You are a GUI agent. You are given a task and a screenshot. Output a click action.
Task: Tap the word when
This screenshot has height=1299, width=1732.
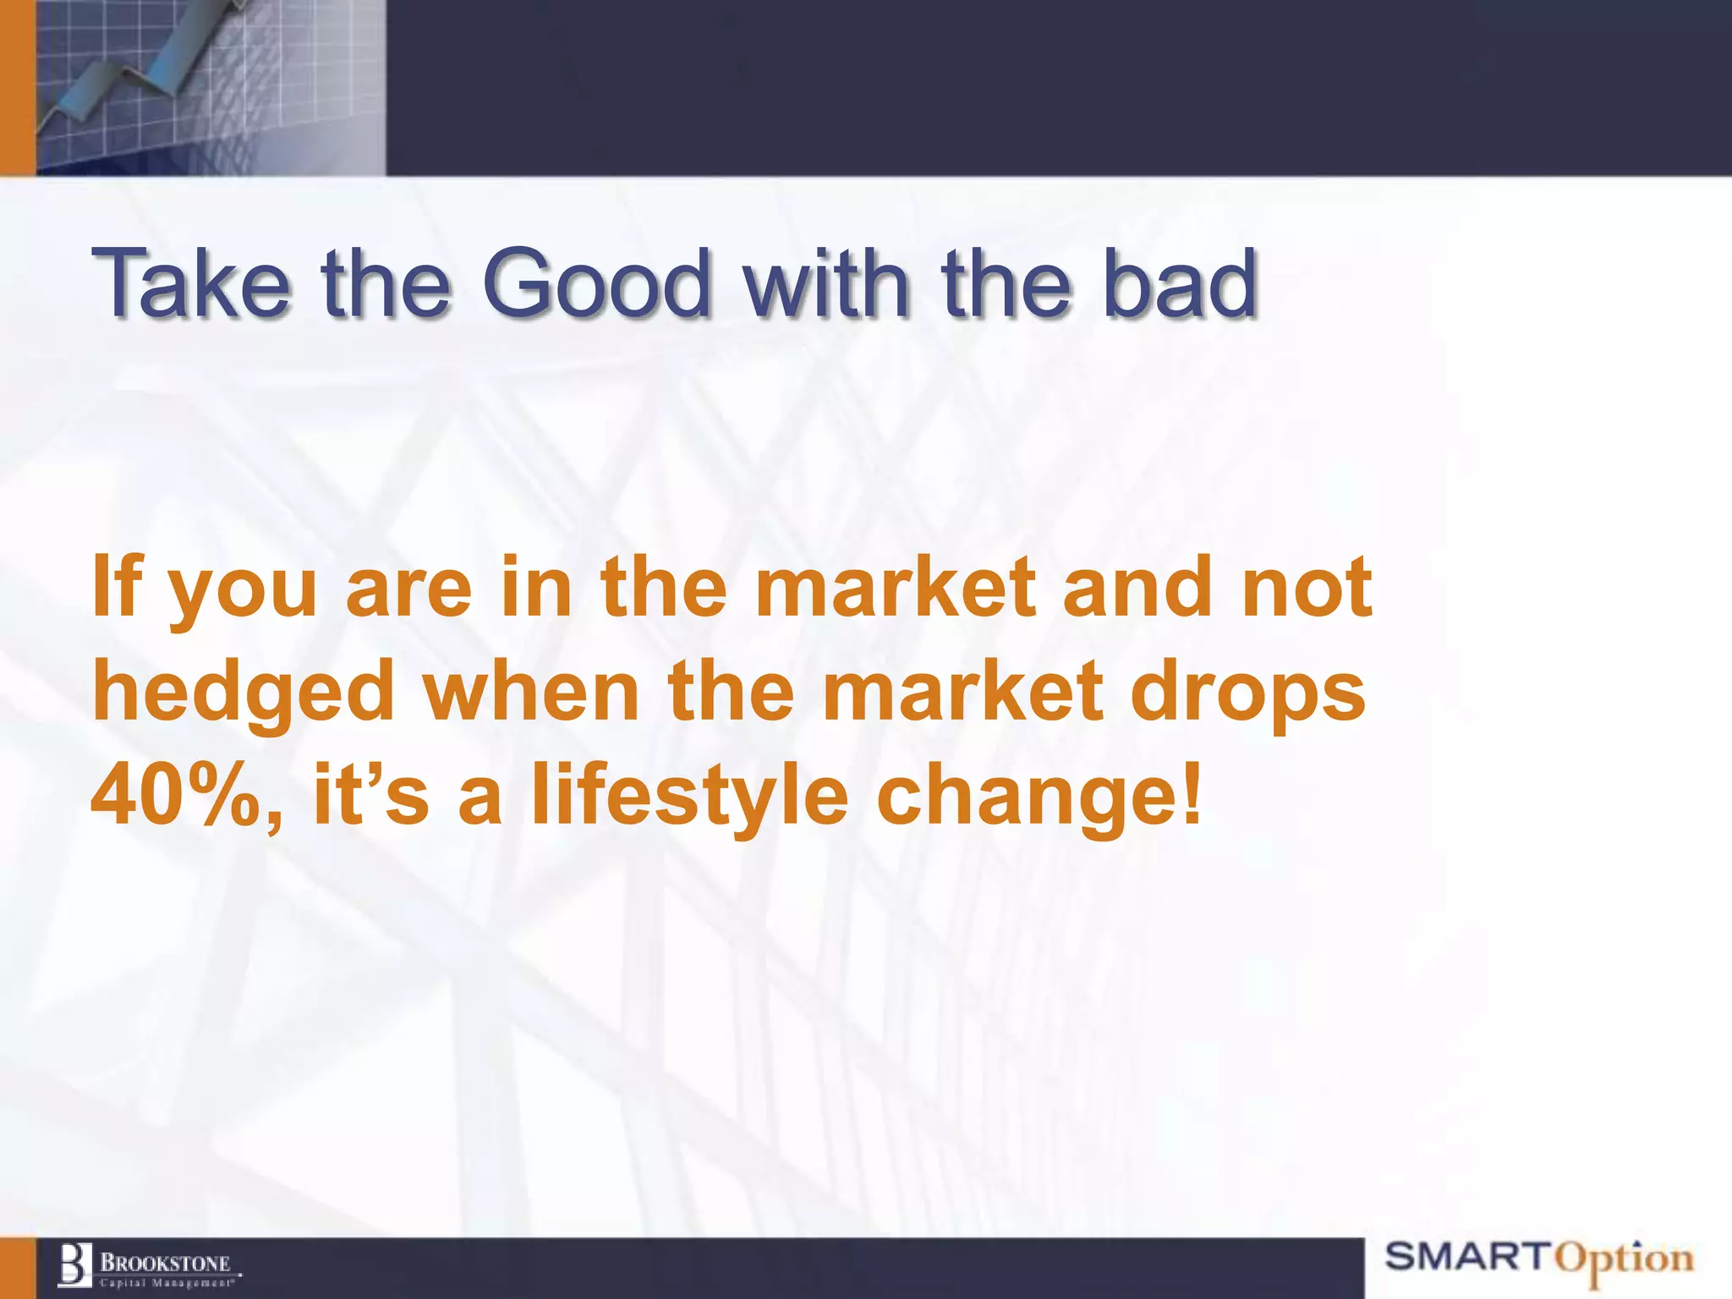coord(531,692)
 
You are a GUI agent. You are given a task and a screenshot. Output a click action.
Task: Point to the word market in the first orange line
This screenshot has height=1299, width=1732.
coord(895,586)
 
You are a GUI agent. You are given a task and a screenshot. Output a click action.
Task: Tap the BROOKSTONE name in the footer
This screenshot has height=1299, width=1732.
coord(166,1263)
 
